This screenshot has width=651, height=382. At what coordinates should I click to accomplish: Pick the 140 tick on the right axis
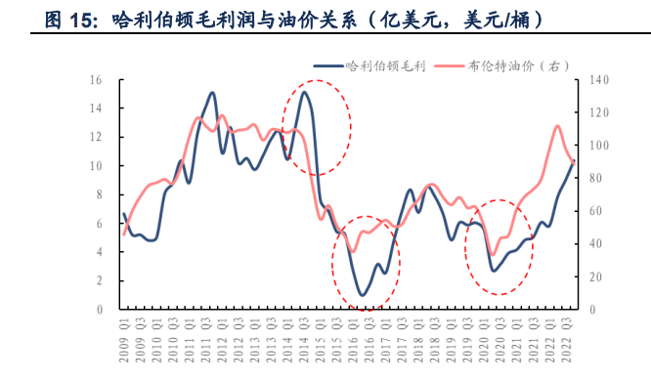pos(597,80)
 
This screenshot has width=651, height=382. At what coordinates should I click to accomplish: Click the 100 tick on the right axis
pos(597,146)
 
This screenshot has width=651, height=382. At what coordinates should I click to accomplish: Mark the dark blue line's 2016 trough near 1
pos(363,294)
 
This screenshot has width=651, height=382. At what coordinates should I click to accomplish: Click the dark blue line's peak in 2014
pos(304,92)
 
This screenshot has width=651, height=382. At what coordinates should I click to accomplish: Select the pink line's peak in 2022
pos(557,126)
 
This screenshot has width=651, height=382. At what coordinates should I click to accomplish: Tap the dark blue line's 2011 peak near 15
pos(213,93)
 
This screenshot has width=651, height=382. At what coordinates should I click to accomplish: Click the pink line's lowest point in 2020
pos(494,254)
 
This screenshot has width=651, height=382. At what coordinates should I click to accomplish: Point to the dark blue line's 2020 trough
pos(495,270)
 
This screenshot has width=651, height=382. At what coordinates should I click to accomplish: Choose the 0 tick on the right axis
pos(591,309)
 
